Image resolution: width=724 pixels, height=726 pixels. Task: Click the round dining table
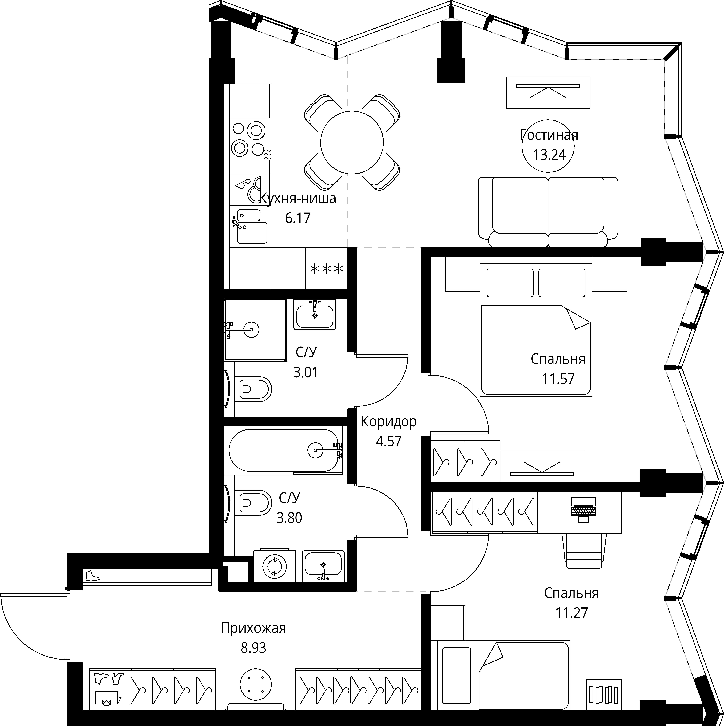pos(352,142)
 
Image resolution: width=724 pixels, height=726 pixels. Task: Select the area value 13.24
pos(549,155)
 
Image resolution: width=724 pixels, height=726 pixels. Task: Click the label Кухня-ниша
pos(298,198)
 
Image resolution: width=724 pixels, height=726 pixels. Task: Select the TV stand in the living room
pos(548,93)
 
